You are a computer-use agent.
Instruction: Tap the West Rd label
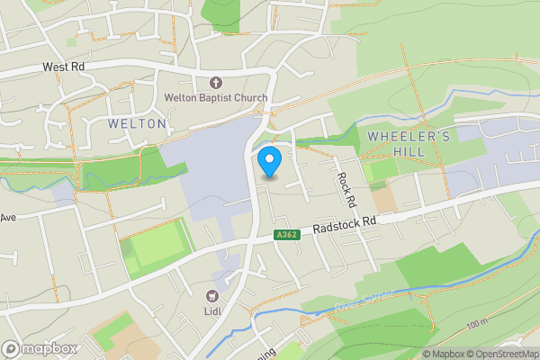63,67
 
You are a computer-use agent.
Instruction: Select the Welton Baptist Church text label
215,97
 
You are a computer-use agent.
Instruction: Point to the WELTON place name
137,123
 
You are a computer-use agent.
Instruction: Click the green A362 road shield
287,235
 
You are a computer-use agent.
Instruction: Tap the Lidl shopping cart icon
213,295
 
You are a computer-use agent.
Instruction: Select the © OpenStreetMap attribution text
504,353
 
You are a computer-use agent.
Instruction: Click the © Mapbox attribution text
445,353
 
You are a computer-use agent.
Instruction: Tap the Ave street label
9,218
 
